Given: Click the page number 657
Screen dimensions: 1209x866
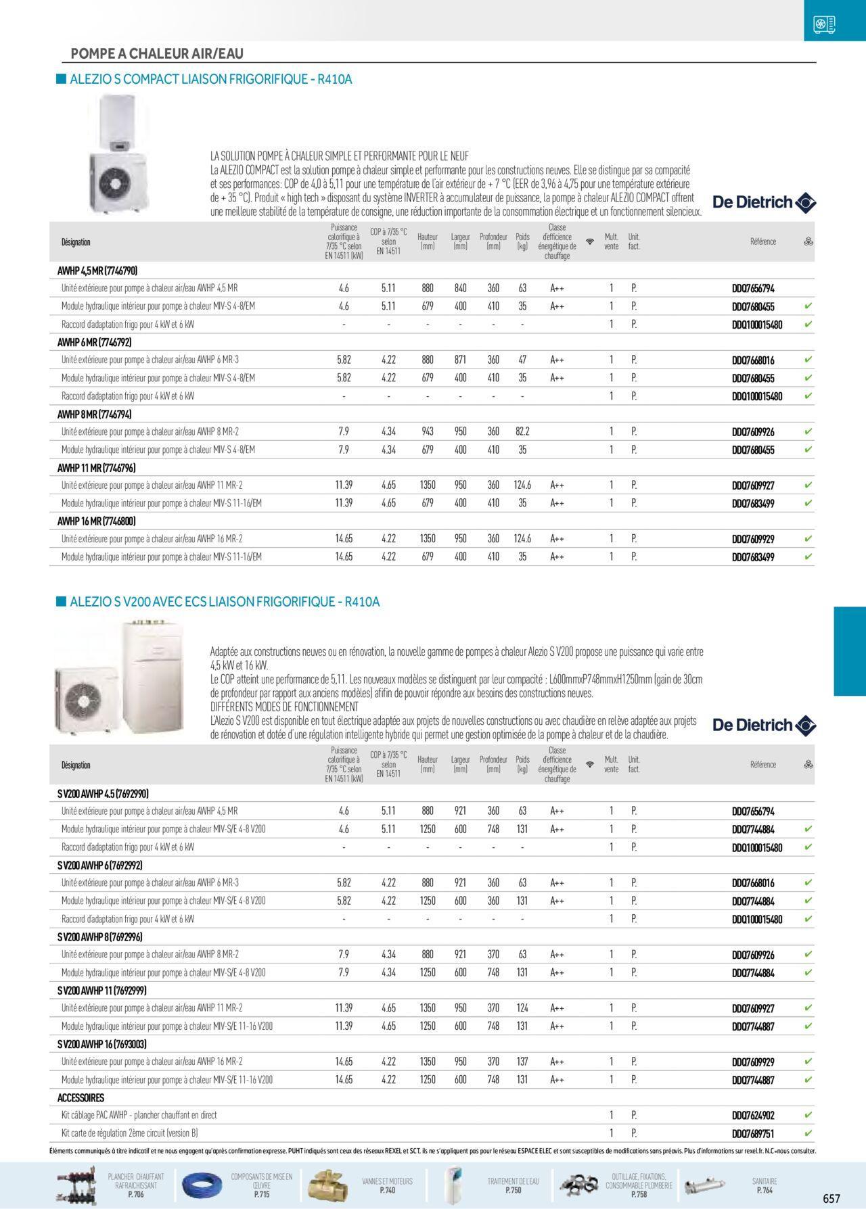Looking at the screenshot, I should click(x=831, y=1198).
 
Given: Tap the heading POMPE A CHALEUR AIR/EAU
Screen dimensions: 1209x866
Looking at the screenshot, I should click(x=157, y=53).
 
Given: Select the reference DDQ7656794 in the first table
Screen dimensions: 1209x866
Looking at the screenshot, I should click(x=753, y=288).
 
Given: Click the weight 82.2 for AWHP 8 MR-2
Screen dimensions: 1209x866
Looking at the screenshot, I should click(x=522, y=431).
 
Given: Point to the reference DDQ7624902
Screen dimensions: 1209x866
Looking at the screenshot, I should click(x=753, y=1116).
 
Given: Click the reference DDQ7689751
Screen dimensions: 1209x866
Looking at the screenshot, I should click(x=753, y=1133).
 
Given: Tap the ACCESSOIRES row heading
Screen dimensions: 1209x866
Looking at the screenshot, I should click(x=81, y=1098).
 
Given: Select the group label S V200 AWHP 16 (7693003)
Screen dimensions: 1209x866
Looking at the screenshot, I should click(x=102, y=1044).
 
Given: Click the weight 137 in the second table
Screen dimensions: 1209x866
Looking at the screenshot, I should click(x=522, y=1062).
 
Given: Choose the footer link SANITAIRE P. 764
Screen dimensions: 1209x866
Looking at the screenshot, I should click(x=765, y=1185).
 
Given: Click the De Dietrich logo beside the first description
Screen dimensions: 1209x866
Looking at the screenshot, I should click(x=765, y=202).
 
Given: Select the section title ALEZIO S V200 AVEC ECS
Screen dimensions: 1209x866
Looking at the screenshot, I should click(x=224, y=602).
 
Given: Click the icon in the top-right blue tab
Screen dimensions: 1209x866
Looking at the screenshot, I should click(x=824, y=24).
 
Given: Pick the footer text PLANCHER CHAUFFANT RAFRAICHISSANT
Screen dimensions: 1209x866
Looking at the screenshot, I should click(x=135, y=1185).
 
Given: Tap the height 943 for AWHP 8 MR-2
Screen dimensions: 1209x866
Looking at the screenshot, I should click(x=428, y=431).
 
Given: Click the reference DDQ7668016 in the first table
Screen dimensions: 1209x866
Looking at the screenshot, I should click(x=753, y=360).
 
